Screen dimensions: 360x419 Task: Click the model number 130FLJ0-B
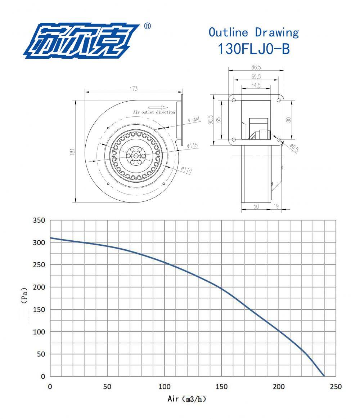point(254,49)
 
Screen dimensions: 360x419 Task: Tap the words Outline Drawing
point(254,32)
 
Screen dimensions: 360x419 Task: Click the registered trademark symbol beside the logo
point(147,26)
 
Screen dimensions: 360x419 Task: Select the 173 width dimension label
point(134,89)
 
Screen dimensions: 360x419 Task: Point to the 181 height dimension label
point(72,152)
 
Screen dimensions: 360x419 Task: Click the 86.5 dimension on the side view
point(256,67)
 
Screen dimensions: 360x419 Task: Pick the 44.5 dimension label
point(256,85)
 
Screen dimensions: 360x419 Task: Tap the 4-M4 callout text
point(194,120)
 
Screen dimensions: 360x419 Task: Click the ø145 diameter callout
point(193,146)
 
